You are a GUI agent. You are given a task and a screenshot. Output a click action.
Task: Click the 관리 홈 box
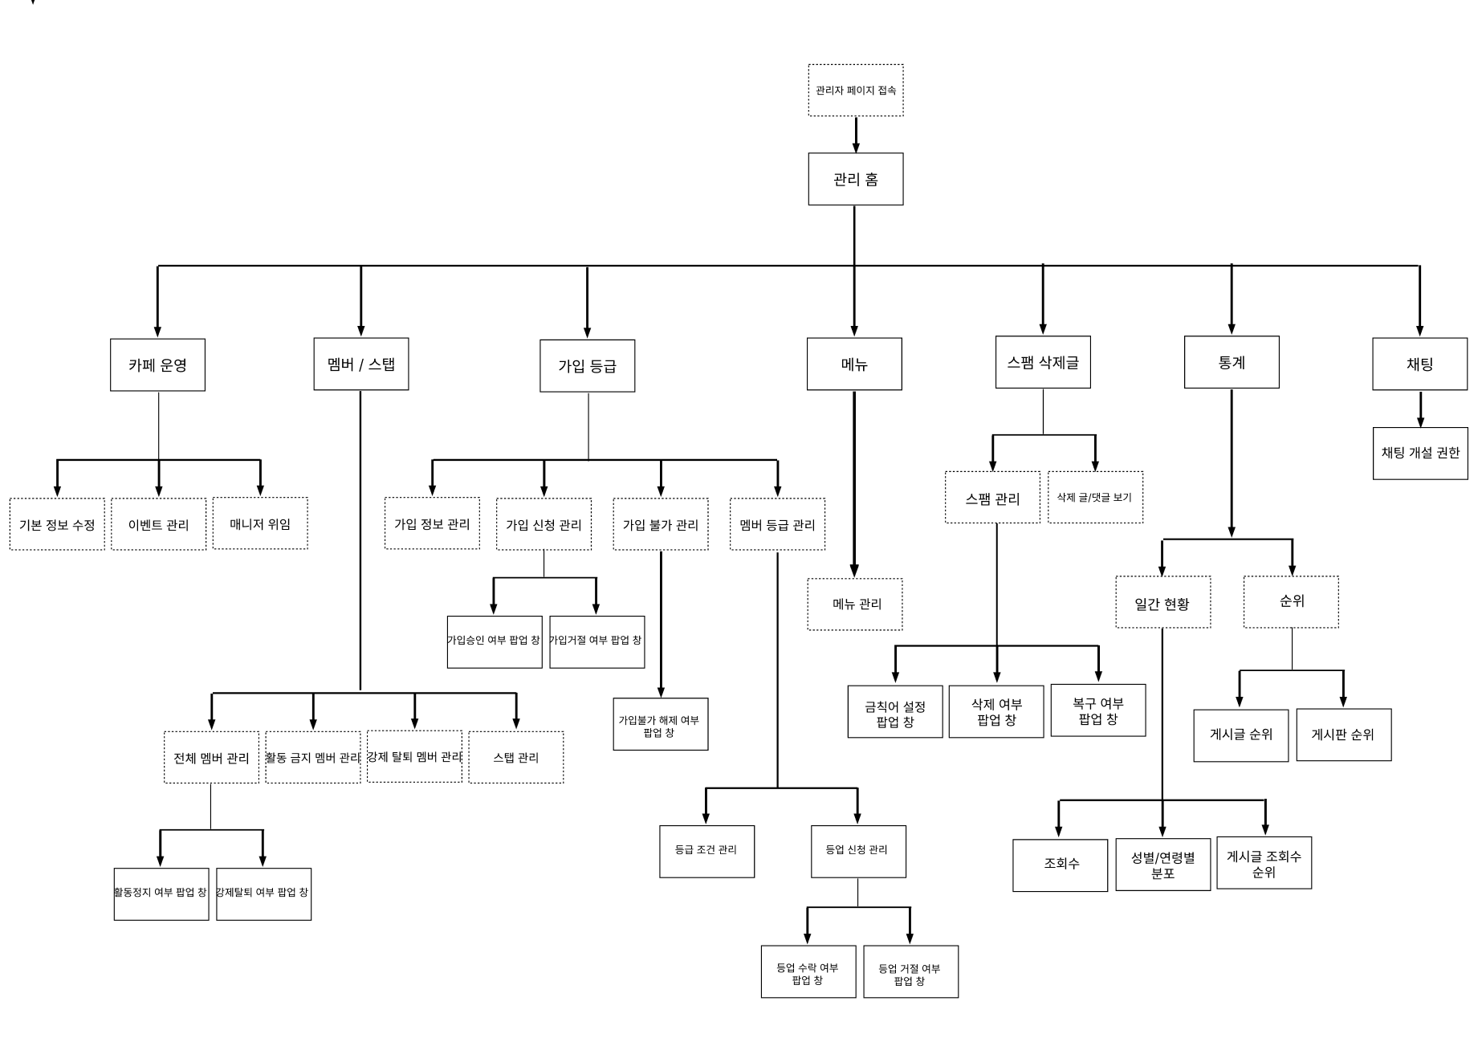pos(855,179)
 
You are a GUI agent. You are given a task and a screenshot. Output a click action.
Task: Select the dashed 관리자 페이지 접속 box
pos(856,90)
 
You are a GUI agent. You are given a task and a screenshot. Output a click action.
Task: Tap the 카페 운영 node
pos(157,364)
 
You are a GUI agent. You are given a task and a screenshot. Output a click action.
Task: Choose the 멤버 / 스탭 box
pos(361,364)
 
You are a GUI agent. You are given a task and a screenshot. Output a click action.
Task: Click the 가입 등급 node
pos(587,366)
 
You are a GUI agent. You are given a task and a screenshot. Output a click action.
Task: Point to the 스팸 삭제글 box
pos(1043,362)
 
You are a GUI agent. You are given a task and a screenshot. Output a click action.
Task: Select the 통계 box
pos(1232,362)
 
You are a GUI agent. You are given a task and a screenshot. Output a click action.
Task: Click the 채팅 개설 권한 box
pos(1420,453)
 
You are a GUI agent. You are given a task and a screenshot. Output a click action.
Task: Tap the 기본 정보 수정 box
pos(57,524)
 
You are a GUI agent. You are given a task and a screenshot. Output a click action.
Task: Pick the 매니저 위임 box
pos(260,523)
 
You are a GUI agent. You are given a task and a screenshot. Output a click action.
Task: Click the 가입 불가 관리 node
pos(661,524)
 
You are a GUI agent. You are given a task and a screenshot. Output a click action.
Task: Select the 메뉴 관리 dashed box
pos(855,604)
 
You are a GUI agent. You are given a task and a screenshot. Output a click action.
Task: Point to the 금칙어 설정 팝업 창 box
pos(895,711)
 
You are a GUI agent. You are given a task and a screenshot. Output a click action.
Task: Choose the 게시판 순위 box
pos(1344,735)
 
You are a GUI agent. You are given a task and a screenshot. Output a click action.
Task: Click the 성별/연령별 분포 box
pos(1163,865)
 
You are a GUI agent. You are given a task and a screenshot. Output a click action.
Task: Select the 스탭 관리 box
pos(516,757)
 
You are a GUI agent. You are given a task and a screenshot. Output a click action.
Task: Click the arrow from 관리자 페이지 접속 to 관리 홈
pos(856,135)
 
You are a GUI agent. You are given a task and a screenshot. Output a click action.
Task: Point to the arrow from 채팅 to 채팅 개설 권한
pos(1421,409)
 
